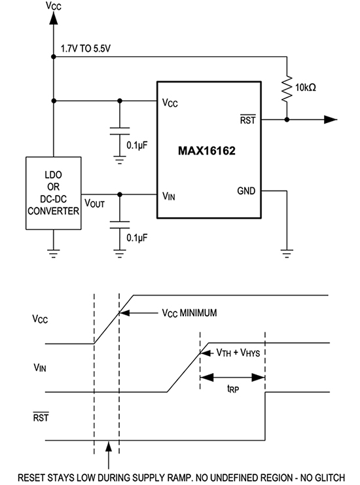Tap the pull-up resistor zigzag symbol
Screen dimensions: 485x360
pyautogui.click(x=287, y=88)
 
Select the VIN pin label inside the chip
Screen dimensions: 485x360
pyautogui.click(x=169, y=195)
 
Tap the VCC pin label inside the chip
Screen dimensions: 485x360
pyautogui.click(x=170, y=103)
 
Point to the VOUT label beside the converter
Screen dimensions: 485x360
pyautogui.click(x=95, y=204)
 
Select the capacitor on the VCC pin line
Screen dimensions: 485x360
pyautogui.click(x=118, y=129)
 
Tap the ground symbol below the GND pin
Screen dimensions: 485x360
pyautogui.click(x=286, y=250)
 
